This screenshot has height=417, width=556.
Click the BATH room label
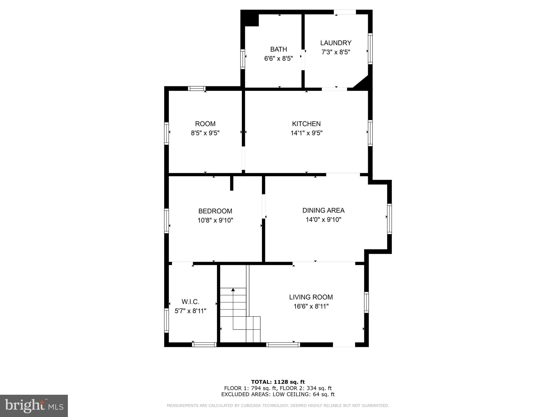pos(279,49)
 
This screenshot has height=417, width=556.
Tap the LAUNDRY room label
pos(336,43)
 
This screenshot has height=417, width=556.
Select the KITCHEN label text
pos(306,124)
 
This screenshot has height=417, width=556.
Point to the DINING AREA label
pos(323,210)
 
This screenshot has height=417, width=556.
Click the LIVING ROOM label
pos(311,297)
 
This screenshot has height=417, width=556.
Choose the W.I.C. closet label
pos(190,302)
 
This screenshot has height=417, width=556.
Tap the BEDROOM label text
pos(215,211)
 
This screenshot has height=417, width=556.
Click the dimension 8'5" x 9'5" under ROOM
pos(205,133)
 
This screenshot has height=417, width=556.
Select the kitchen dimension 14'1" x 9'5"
pos(307,133)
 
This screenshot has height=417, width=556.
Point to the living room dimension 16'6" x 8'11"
pos(311,307)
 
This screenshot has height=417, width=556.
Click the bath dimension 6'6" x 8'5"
pos(279,58)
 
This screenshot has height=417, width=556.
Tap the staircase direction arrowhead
pos(233,290)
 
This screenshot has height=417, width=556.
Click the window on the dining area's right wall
pos(389,219)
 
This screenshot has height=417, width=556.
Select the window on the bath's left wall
pos(243,59)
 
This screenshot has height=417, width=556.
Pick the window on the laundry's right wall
pos(370,49)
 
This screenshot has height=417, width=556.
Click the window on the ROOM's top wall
pos(197,89)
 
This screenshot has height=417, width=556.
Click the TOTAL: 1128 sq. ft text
pos(278,382)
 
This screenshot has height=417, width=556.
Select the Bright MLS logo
pos(34,406)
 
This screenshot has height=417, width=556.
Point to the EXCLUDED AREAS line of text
pos(278,394)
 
